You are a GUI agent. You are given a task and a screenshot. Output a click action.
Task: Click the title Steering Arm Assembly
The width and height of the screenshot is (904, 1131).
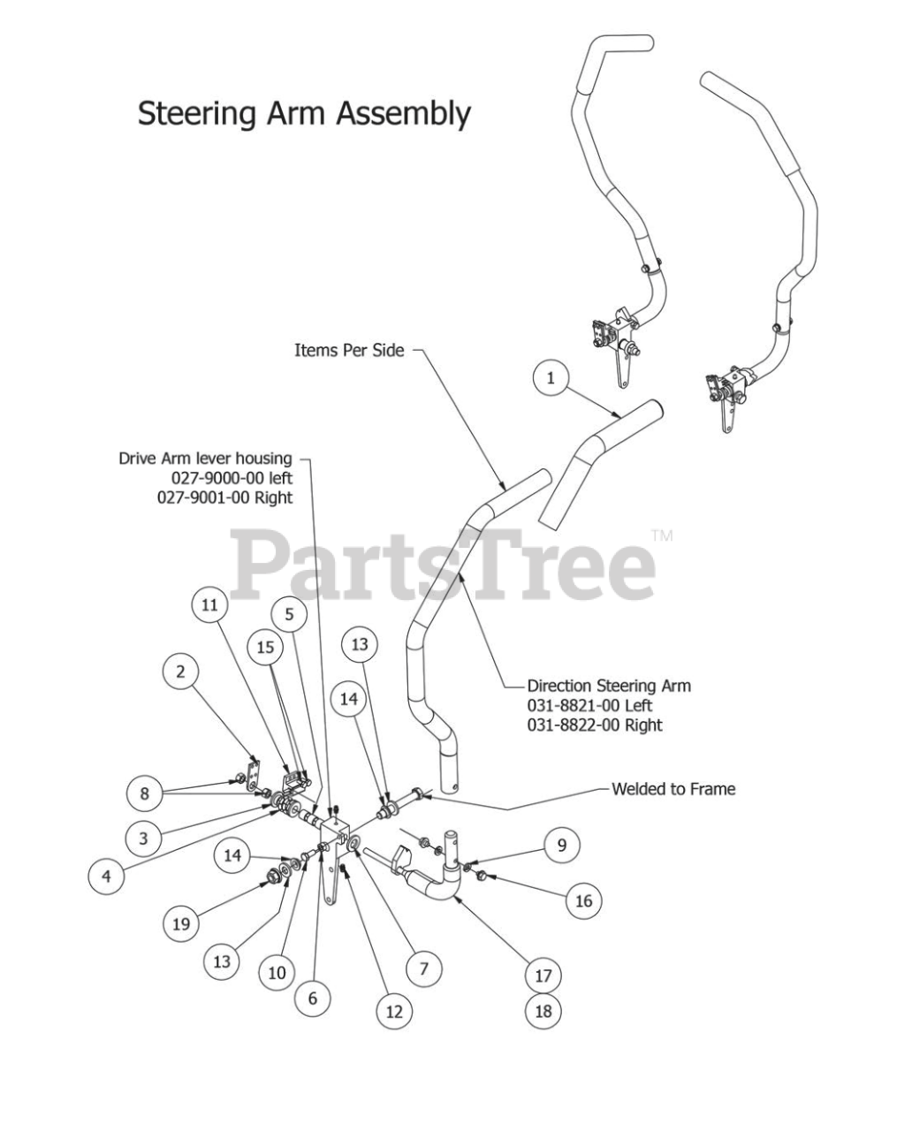(x=304, y=114)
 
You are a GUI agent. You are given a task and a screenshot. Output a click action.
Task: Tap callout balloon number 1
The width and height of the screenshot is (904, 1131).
(x=551, y=379)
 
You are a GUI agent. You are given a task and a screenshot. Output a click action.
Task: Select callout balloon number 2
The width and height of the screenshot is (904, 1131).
(x=181, y=672)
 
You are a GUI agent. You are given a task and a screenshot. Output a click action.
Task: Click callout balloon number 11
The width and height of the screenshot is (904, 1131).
(x=209, y=605)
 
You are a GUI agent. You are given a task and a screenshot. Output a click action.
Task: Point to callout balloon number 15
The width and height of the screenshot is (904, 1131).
(x=265, y=648)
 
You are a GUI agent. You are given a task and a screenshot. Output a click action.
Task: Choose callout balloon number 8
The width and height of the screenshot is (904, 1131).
(x=145, y=793)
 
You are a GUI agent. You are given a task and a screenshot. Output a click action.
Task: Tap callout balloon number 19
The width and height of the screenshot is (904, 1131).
(x=181, y=924)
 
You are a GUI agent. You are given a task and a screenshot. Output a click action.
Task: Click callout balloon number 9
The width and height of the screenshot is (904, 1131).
(x=561, y=846)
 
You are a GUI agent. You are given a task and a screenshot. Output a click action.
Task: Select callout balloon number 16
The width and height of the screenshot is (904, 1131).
(x=583, y=901)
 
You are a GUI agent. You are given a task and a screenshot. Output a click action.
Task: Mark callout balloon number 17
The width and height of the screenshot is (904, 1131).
(x=543, y=975)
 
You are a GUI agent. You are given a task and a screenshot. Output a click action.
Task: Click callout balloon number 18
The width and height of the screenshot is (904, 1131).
(x=543, y=1010)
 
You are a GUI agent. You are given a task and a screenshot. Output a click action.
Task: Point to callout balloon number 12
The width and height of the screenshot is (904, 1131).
(x=394, y=1011)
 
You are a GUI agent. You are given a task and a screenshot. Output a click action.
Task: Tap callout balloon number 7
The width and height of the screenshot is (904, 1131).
(x=424, y=968)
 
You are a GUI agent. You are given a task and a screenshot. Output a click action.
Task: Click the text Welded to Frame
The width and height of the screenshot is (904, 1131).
(x=672, y=789)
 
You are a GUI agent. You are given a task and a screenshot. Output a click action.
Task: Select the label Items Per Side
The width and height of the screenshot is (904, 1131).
(x=349, y=351)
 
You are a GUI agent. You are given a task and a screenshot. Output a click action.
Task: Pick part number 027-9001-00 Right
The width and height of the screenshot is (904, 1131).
(x=224, y=497)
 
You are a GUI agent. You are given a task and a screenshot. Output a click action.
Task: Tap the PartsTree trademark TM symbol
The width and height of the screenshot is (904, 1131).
(x=661, y=535)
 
